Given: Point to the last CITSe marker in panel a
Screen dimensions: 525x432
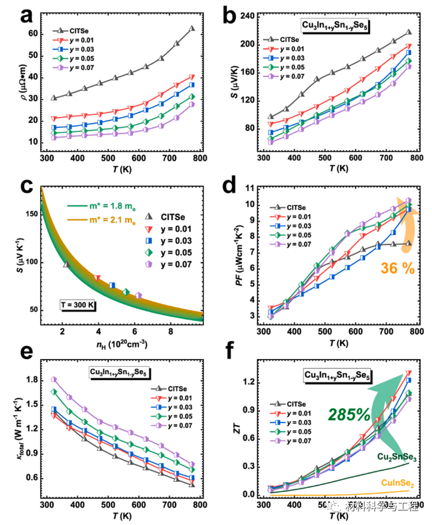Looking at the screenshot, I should (192, 28).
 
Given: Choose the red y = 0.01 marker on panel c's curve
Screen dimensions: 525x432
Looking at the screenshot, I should (97, 278).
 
